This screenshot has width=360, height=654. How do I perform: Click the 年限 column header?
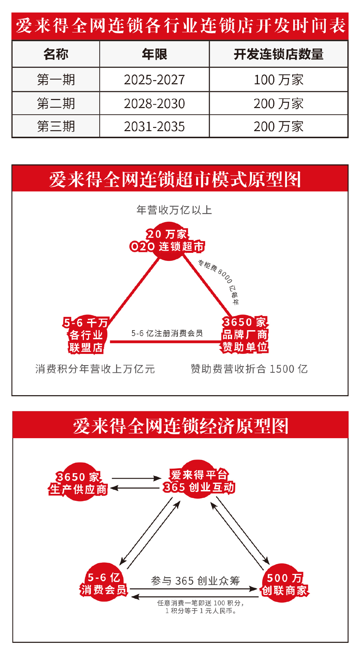[x=154, y=54]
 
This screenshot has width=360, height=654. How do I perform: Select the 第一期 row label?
[x=56, y=80]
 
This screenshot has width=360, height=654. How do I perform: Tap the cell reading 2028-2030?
[x=154, y=104]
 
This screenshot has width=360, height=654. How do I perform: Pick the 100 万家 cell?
[x=279, y=80]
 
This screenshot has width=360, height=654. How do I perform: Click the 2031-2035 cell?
[x=154, y=127]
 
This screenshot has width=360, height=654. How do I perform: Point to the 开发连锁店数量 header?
[x=279, y=54]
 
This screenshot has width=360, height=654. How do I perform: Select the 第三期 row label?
[x=56, y=127]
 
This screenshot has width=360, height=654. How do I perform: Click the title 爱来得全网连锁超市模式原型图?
[x=175, y=179]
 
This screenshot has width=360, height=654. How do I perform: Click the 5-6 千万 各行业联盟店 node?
[x=86, y=335]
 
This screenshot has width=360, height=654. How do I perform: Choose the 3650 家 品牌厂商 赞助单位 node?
[x=245, y=334]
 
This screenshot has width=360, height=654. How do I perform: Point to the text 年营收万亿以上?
[x=174, y=210]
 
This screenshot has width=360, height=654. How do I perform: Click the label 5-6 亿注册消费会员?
[x=167, y=333]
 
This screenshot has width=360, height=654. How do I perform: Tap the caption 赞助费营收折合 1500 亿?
[x=249, y=369]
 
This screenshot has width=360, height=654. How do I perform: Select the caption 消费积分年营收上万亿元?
[x=95, y=369]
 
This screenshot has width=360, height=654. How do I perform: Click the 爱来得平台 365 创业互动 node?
[x=199, y=481]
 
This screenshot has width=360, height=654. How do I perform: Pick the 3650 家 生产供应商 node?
[x=78, y=483]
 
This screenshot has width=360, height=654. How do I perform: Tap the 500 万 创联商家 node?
[x=284, y=584]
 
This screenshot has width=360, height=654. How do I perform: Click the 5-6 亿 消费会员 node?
[x=103, y=583]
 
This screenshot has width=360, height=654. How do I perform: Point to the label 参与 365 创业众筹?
[x=195, y=581]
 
